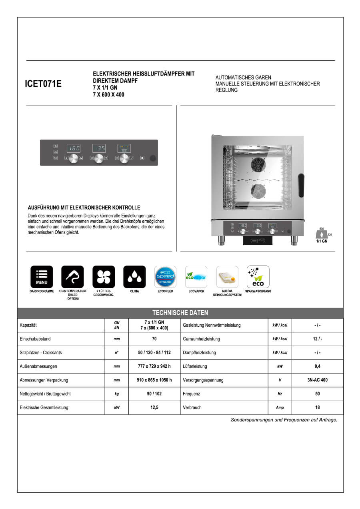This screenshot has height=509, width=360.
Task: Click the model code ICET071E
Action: (43, 84)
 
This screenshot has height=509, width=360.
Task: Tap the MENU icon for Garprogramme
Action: (42, 277)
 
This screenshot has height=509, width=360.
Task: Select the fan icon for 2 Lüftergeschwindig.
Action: (104, 277)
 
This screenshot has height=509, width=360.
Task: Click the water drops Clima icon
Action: (134, 277)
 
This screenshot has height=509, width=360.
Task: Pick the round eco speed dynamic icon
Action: (165, 277)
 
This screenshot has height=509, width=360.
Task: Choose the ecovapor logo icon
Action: (196, 277)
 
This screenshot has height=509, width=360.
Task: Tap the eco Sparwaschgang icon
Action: (258, 277)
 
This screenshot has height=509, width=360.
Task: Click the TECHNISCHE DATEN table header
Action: (180, 313)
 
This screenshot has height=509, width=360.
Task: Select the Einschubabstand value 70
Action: (154, 339)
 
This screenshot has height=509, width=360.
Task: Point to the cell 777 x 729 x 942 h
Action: (154, 366)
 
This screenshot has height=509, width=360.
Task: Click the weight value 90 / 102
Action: (154, 394)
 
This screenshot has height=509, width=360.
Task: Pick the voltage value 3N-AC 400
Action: (317, 380)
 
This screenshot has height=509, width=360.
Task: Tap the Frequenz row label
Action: (192, 394)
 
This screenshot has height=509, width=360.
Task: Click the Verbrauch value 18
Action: (317, 407)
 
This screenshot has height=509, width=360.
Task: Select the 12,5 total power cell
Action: (154, 407)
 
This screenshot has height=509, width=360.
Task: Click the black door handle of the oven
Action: (301, 185)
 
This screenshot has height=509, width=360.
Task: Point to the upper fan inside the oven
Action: (258, 164)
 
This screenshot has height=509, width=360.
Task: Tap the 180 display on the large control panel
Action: (74, 148)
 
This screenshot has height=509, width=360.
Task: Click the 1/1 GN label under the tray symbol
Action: (322, 241)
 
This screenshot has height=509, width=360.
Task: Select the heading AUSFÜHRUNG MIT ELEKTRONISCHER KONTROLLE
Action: (84, 208)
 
